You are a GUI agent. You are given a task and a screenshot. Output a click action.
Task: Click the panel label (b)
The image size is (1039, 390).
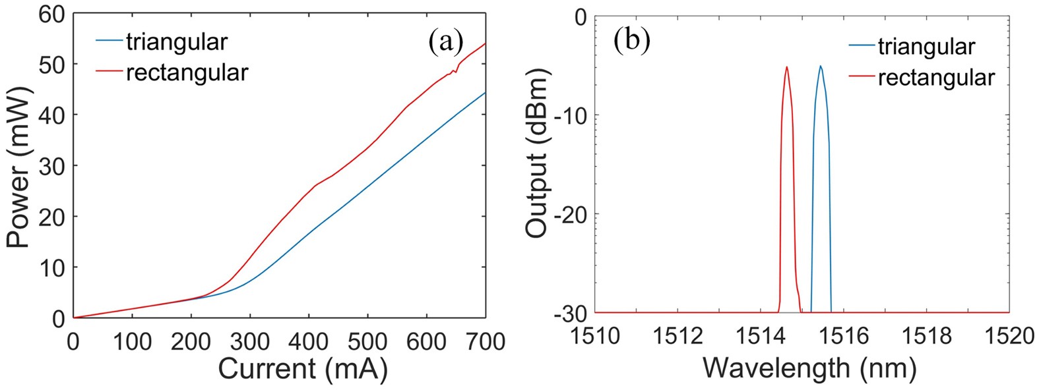(x=631, y=40)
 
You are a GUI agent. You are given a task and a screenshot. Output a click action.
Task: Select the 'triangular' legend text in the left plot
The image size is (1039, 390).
(x=177, y=42)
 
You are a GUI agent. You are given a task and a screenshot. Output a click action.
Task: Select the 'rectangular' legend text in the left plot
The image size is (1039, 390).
(x=187, y=72)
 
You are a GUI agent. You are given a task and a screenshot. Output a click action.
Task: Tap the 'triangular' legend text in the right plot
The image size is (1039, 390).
(x=926, y=47)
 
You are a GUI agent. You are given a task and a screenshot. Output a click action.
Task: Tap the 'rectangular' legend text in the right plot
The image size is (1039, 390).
(x=936, y=77)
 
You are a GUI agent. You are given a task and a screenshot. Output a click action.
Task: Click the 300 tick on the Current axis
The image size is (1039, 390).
(x=250, y=341)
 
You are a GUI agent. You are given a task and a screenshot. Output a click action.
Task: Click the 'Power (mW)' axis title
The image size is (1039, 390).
(x=19, y=167)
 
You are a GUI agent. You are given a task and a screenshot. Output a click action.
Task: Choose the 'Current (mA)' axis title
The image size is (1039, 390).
(x=302, y=370)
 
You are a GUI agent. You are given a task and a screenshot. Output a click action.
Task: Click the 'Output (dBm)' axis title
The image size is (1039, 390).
(x=538, y=156)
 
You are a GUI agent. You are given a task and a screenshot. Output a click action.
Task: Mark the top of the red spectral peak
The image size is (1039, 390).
(x=787, y=67)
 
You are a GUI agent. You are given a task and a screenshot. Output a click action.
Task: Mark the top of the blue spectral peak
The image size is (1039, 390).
(x=821, y=66)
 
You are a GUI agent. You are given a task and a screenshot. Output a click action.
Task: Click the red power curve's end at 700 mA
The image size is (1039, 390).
(x=486, y=43)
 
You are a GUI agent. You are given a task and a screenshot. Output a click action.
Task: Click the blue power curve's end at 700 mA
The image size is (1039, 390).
(x=486, y=92)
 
